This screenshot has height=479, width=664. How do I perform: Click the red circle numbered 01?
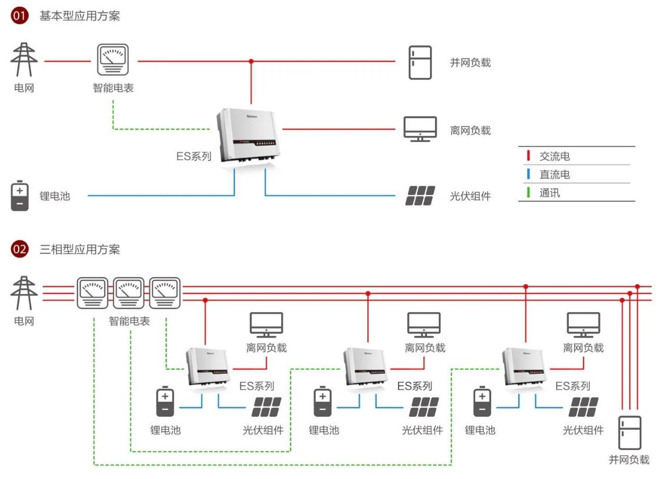20,16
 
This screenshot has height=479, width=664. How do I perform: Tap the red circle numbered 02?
20,249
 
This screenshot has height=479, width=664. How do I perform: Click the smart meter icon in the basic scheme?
113,61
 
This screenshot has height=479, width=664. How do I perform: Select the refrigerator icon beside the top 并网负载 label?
420,62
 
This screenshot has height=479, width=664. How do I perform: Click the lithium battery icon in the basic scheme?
20,196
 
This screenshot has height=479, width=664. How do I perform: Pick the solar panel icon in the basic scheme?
420,196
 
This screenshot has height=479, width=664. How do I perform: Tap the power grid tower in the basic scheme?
24,60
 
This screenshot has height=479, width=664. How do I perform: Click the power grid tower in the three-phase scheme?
24,293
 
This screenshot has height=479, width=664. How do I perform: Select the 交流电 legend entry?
555,156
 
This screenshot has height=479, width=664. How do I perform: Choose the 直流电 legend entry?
555,175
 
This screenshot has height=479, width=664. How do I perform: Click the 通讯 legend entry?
550,193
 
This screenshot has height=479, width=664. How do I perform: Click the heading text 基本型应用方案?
80,16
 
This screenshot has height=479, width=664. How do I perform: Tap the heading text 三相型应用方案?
80,249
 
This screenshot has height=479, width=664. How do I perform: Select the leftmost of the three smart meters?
92,293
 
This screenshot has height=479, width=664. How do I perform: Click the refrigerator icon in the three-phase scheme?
629,432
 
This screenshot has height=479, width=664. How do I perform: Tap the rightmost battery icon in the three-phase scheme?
482,402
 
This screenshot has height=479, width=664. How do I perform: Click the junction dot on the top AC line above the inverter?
252,61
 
